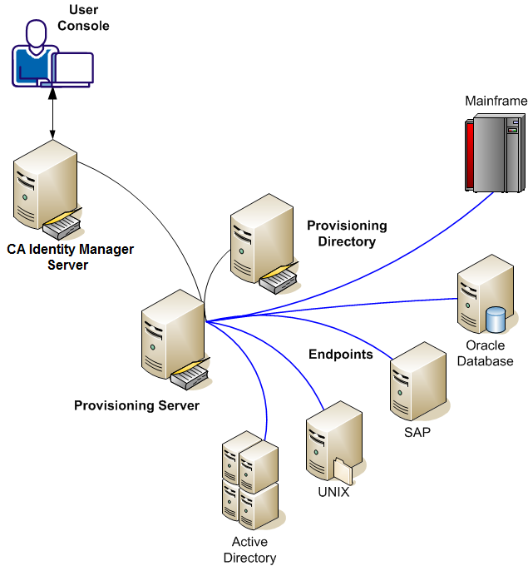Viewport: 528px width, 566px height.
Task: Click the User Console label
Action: [83, 18]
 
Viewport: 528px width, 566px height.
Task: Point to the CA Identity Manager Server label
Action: [71, 256]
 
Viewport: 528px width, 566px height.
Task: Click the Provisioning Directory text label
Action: [347, 233]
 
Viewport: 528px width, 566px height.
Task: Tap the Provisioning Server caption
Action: [136, 405]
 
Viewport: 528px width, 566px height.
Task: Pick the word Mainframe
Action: [496, 101]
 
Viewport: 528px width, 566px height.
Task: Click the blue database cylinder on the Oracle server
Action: [496, 319]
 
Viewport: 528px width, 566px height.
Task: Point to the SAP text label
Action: [417, 432]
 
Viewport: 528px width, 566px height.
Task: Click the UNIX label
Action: [333, 492]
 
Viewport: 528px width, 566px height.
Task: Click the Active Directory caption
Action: [249, 549]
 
